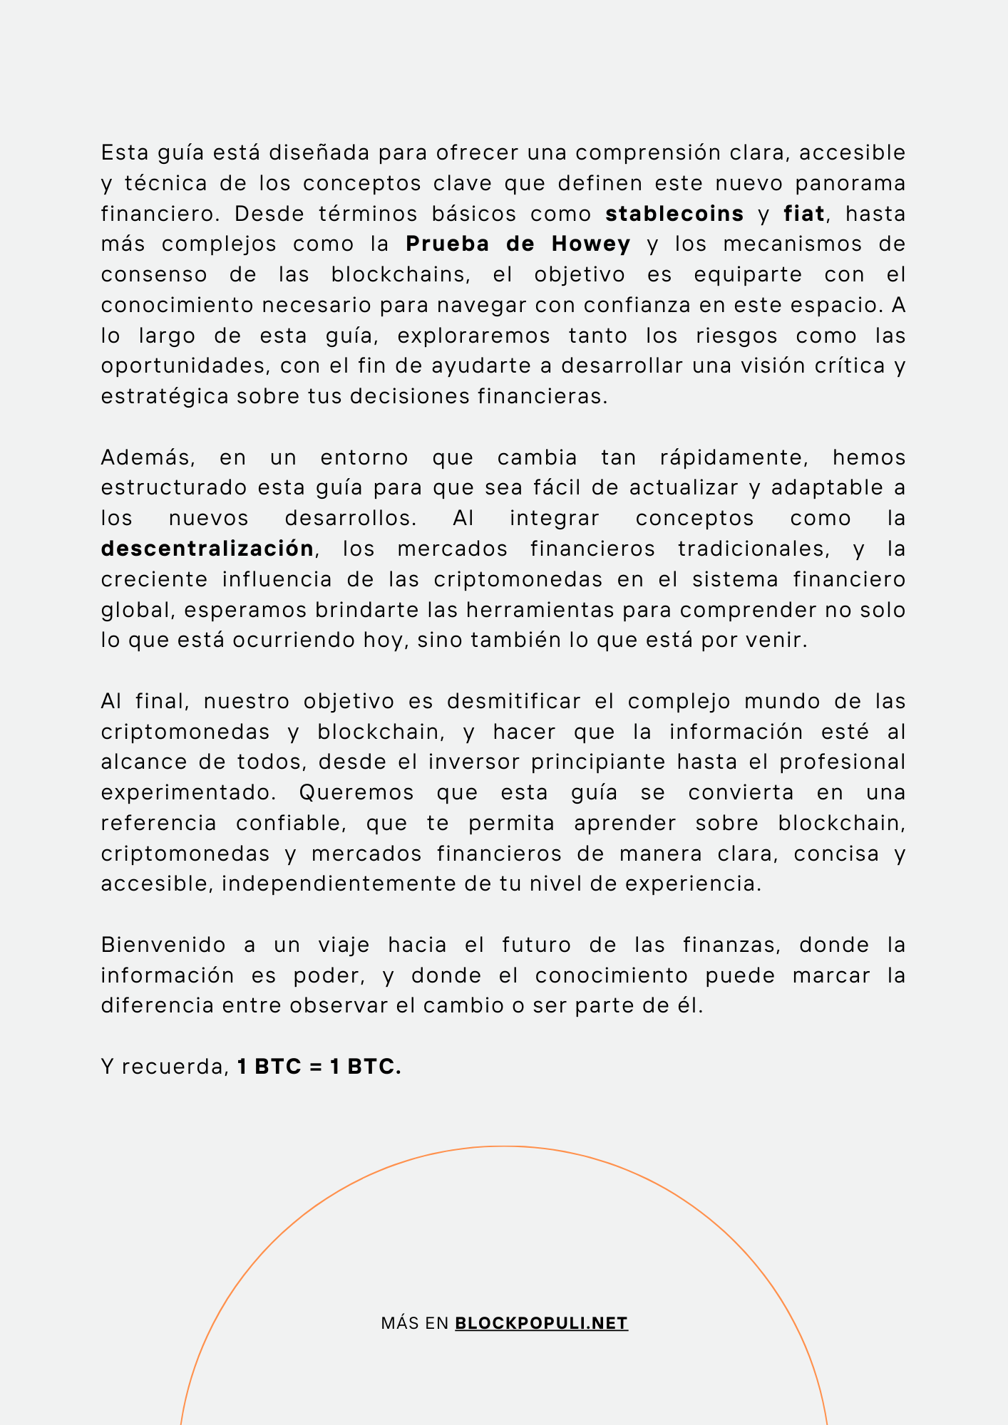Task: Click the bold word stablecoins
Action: (674, 214)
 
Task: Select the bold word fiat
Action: (803, 214)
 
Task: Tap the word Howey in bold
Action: (591, 244)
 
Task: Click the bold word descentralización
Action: (207, 549)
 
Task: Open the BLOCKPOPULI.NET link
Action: (541, 1323)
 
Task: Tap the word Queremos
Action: (356, 792)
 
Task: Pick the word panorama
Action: (850, 183)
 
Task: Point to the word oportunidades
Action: (186, 366)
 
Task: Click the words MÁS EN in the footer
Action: (414, 1323)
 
